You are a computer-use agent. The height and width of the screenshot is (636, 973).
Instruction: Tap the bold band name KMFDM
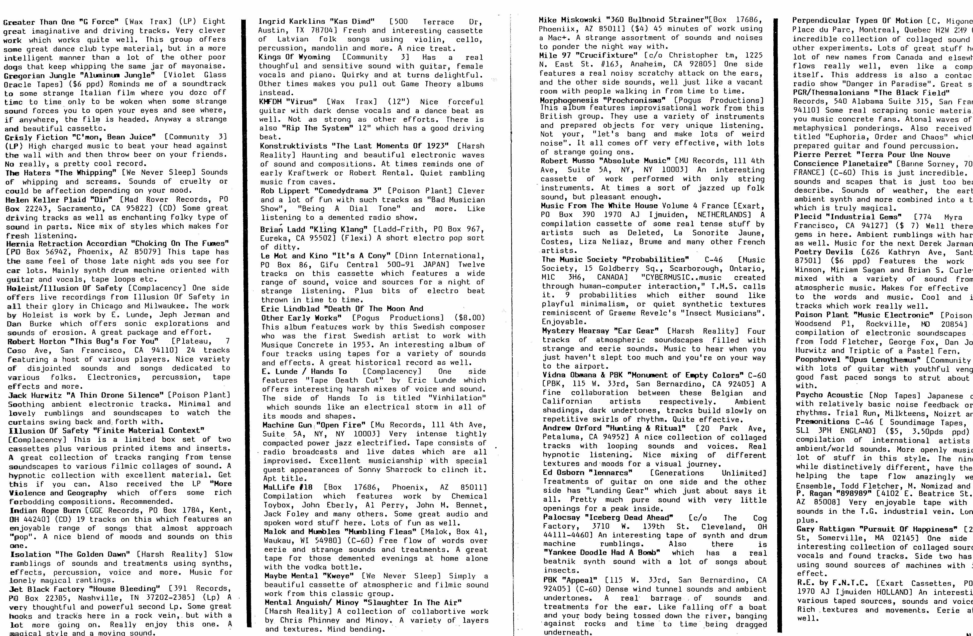pos(271,102)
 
